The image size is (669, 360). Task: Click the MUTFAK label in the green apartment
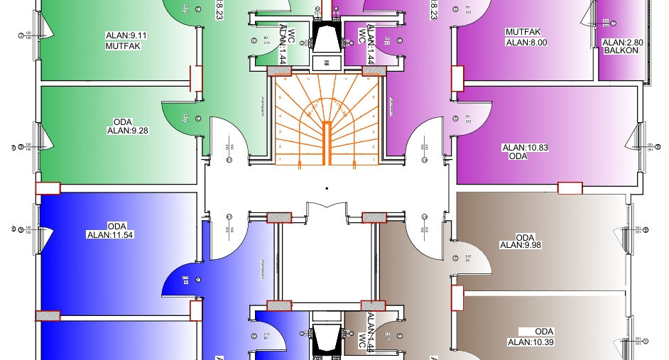click(124, 46)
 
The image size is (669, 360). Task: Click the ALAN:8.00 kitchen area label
click(526, 43)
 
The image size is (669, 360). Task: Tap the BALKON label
click(623, 50)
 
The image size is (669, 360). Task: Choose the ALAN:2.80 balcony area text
click(623, 42)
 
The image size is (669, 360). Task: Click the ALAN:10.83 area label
click(525, 148)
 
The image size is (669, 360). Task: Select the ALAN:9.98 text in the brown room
click(522, 245)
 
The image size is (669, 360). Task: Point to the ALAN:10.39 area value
click(530, 342)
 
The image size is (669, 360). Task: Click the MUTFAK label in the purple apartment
click(523, 33)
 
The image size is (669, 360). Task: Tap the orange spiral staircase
click(326, 120)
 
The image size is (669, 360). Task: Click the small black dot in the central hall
click(326, 188)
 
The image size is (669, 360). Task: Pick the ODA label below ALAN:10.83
click(518, 156)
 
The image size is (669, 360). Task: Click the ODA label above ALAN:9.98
click(525, 237)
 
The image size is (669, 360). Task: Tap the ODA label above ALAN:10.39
click(544, 332)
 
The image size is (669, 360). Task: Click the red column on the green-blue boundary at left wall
click(48, 188)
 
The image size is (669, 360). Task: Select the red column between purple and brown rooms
click(570, 188)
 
